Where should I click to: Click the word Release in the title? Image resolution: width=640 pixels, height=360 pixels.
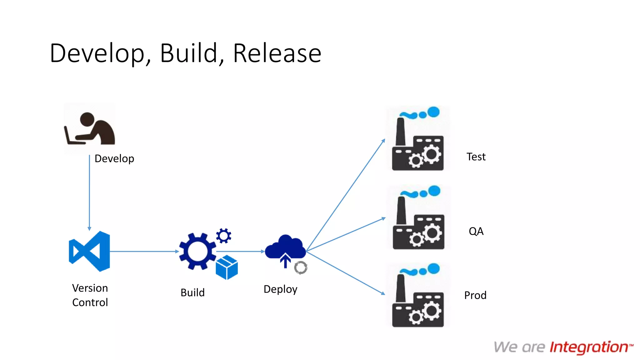coord(277,53)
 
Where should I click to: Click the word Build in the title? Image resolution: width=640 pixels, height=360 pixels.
coord(189,53)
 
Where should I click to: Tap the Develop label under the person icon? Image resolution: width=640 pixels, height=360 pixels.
coord(114,159)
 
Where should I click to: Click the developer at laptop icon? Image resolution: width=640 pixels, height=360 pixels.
coord(90,129)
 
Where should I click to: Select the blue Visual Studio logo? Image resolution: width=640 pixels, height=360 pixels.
coord(89,251)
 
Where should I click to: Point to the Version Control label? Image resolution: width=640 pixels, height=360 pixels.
coord(90,295)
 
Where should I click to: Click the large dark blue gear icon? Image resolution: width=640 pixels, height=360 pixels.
coord(197,251)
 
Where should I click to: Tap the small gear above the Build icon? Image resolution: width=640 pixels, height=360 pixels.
coord(224,236)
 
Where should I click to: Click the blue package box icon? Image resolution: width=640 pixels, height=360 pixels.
coord(227,267)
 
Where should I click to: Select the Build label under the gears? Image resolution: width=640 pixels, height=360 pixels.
coord(192,293)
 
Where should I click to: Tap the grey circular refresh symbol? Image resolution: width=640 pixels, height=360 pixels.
coord(301,268)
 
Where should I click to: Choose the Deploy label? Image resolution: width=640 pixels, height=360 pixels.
coord(280,289)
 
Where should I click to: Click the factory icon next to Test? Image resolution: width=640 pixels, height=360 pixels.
coord(418,139)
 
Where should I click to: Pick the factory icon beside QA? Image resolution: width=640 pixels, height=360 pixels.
coord(418,218)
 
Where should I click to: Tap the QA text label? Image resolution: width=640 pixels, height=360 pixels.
coord(476,232)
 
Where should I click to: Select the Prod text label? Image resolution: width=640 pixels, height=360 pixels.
coord(475,295)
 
